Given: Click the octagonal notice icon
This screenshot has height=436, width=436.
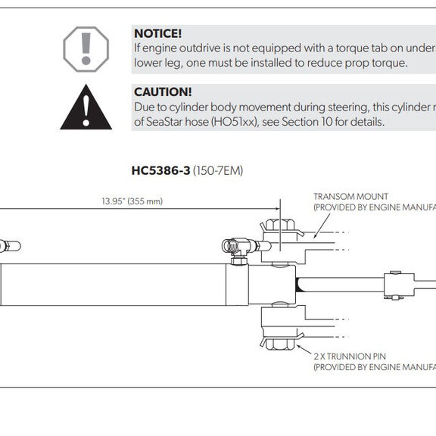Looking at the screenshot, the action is (x=86, y=49).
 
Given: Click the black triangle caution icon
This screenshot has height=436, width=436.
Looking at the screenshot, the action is (x=86, y=107).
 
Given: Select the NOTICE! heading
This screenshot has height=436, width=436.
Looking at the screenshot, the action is (x=157, y=33).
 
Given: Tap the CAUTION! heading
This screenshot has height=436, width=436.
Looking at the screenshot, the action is (x=163, y=92).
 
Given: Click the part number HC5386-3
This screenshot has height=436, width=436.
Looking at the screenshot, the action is (x=160, y=170).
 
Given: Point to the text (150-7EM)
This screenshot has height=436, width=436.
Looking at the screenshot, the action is (x=218, y=171).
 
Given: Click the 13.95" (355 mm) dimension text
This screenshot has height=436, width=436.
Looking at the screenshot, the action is (x=132, y=201).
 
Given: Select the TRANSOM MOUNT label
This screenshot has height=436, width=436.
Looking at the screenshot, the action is (x=350, y=197).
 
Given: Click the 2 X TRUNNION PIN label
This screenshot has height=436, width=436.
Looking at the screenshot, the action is (x=350, y=357).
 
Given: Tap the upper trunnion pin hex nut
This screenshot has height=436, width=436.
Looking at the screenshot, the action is (x=280, y=226).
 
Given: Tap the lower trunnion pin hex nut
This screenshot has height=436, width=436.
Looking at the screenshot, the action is (x=280, y=344).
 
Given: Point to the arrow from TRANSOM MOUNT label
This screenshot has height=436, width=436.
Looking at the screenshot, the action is (x=322, y=226).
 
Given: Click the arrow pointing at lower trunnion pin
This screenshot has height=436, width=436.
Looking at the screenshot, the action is (x=304, y=350).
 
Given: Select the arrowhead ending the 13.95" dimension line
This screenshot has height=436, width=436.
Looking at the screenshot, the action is (x=277, y=209).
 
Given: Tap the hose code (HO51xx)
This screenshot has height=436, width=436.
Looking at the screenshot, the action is (x=235, y=122).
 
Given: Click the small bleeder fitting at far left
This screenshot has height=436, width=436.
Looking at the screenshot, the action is (x=11, y=246).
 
